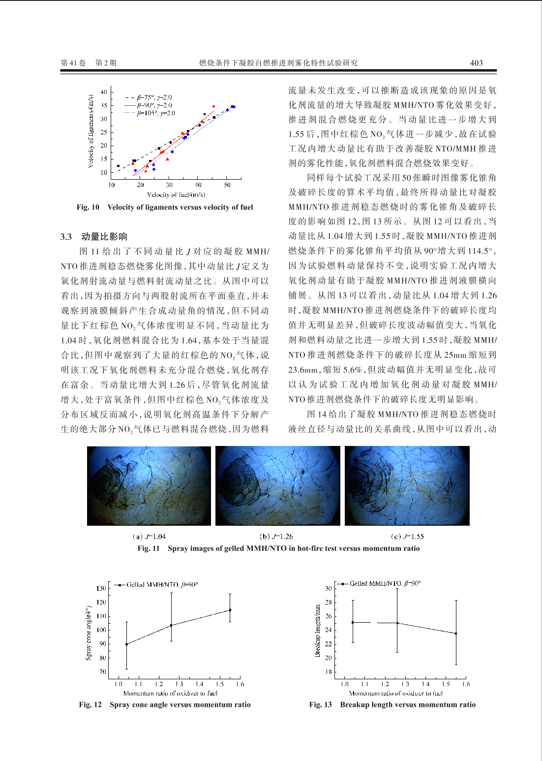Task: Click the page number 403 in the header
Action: pyautogui.click(x=476, y=63)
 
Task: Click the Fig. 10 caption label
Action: pyautogui.click(x=88, y=207)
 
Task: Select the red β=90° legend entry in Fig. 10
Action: pyautogui.click(x=149, y=105)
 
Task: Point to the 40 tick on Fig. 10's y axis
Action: pyautogui.click(x=104, y=92)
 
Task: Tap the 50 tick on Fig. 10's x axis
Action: pyautogui.click(x=227, y=185)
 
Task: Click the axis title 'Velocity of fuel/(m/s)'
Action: pyautogui.click(x=176, y=195)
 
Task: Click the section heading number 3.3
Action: pyautogui.click(x=66, y=237)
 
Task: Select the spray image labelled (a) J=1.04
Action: pyautogui.click(x=149, y=486)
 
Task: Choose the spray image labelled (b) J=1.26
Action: pyautogui.click(x=278, y=486)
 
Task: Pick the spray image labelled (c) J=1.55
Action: pyautogui.click(x=407, y=486)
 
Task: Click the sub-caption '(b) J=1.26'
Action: pyautogui.click(x=276, y=537)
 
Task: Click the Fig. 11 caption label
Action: pyautogui.click(x=148, y=548)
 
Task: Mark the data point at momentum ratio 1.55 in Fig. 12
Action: pyautogui.click(x=230, y=610)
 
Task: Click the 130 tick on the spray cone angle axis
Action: pyautogui.click(x=101, y=588)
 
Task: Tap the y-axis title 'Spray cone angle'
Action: pyautogui.click(x=89, y=633)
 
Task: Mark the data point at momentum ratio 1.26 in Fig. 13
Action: pyautogui.click(x=397, y=623)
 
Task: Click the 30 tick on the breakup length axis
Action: pyautogui.click(x=328, y=588)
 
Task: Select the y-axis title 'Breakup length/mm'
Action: pyautogui.click(x=318, y=631)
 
